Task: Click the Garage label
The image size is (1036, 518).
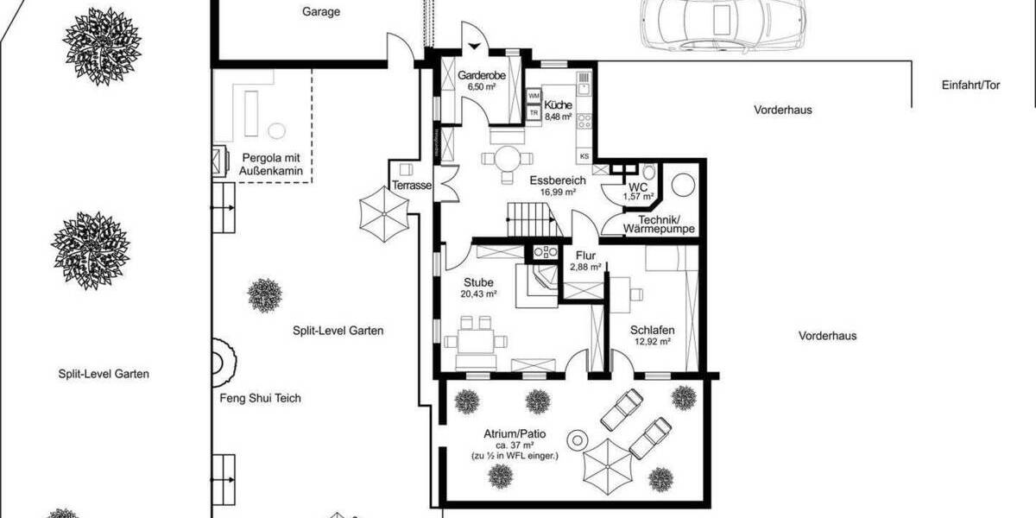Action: [x=321, y=12]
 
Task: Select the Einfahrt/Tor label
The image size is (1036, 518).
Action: [x=970, y=86]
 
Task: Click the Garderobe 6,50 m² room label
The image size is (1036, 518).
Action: [x=481, y=81]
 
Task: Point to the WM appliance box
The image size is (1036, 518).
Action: [x=534, y=96]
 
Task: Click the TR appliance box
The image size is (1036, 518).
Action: [x=534, y=112]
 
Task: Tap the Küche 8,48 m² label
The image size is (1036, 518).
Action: [x=559, y=109]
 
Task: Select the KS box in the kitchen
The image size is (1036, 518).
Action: [x=584, y=156]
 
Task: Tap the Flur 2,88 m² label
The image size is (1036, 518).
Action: [x=586, y=261]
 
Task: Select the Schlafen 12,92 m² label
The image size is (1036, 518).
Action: [x=652, y=335]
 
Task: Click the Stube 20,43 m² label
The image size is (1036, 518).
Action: [x=478, y=287]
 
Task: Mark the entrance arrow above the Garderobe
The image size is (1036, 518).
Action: [x=473, y=47]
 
